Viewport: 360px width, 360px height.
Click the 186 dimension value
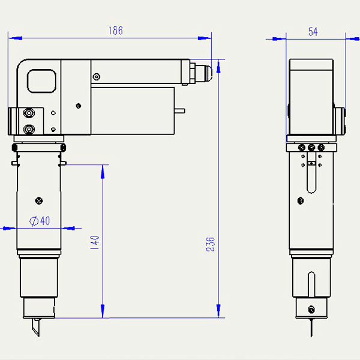(x=116, y=31)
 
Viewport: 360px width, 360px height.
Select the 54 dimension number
(x=313, y=32)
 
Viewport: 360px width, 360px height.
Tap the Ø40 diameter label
(x=40, y=221)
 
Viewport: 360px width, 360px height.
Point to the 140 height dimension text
(x=95, y=242)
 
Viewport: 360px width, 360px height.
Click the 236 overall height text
(x=211, y=245)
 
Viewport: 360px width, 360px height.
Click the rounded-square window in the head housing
(x=41, y=81)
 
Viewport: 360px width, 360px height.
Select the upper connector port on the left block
(x=29, y=113)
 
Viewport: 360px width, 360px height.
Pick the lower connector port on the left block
(x=29, y=129)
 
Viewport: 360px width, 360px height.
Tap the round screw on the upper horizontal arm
(x=97, y=77)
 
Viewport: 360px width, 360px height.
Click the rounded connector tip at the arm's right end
(x=206, y=73)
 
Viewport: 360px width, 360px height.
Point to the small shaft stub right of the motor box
(x=179, y=111)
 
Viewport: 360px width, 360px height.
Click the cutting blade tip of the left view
(x=38, y=336)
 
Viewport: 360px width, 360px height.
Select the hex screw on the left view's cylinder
(x=39, y=201)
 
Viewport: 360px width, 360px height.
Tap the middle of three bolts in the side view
(x=311, y=148)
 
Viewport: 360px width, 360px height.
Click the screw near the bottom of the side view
(x=311, y=310)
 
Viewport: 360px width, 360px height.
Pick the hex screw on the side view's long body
(x=301, y=201)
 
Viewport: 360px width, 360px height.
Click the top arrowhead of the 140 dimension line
(x=103, y=172)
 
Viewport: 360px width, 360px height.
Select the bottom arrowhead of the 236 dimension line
(x=218, y=311)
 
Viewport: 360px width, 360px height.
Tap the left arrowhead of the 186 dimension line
(x=15, y=38)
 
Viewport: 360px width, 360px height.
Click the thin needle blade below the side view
(x=311, y=328)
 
